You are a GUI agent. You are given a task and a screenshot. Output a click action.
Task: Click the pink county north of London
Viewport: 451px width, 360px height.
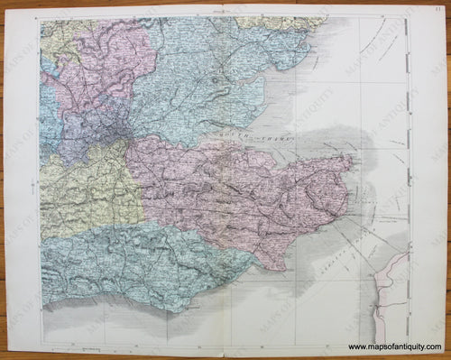pos(104,63)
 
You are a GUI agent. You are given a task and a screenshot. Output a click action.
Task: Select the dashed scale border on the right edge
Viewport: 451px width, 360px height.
pos(407,180)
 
